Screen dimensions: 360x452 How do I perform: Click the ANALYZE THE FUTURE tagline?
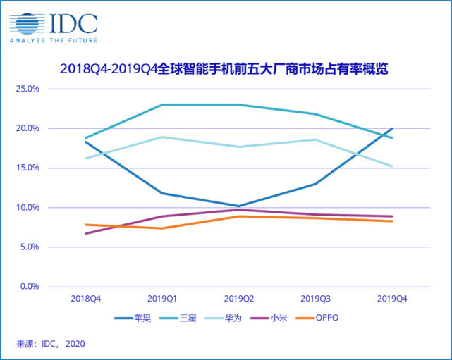point(53,40)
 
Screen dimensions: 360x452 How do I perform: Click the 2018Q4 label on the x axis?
point(85,299)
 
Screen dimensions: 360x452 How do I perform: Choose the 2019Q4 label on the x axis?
point(392,299)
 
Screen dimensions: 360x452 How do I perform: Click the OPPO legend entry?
point(318,318)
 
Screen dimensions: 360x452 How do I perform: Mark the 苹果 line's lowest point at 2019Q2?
point(239,206)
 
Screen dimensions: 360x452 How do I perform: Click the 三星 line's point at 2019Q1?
point(162,105)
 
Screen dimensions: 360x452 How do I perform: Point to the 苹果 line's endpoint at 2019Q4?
point(392,129)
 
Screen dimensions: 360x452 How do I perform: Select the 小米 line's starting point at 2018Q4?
point(85,233)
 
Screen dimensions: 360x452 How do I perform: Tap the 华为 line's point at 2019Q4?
point(392,166)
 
